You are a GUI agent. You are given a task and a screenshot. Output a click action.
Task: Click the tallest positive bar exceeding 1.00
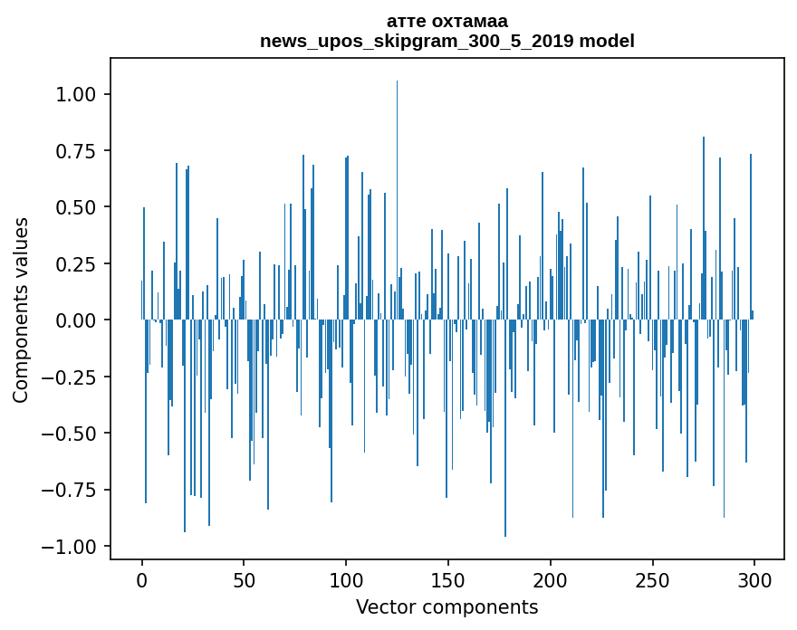pos(397,200)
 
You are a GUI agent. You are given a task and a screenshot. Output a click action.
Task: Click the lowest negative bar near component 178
pos(505,428)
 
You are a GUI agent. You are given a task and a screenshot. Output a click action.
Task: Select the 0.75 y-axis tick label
pos(75,151)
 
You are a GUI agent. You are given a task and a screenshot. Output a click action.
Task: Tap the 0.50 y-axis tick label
pos(75,207)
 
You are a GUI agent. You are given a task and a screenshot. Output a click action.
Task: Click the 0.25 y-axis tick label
pos(75,263)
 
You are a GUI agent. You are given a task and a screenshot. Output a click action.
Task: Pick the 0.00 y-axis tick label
pos(75,320)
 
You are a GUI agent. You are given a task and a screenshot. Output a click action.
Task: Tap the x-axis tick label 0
pos(142,580)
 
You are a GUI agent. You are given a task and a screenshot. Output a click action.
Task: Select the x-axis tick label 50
pos(244,580)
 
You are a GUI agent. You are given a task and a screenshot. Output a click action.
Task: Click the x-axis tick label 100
pos(346,580)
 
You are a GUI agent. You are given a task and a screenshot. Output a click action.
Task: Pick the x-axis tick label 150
pos(448,580)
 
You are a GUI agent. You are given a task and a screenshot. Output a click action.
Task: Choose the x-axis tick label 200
pos(550,580)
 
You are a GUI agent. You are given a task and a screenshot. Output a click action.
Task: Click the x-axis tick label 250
pos(652,580)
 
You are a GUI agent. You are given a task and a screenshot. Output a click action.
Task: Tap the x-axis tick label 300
pos(754,580)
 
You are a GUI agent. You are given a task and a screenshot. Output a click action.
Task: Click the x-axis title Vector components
pos(447,607)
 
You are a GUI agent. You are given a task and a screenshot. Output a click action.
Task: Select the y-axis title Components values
pos(20,310)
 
